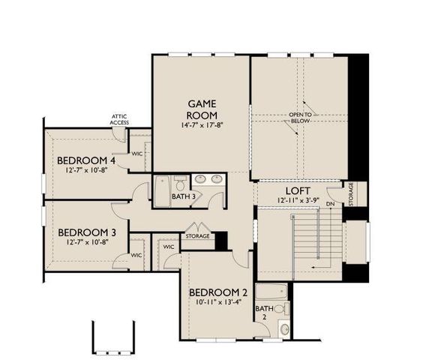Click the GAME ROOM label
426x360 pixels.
(202, 109)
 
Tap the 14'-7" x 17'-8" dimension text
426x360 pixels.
(202, 125)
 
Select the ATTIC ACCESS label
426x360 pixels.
(119, 119)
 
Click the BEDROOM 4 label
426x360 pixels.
(86, 160)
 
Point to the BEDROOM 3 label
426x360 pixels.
(85, 232)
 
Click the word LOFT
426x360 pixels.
(293, 190)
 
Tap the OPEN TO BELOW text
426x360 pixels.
(301, 118)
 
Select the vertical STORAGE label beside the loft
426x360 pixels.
(350, 192)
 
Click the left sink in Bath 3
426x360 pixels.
(201, 180)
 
